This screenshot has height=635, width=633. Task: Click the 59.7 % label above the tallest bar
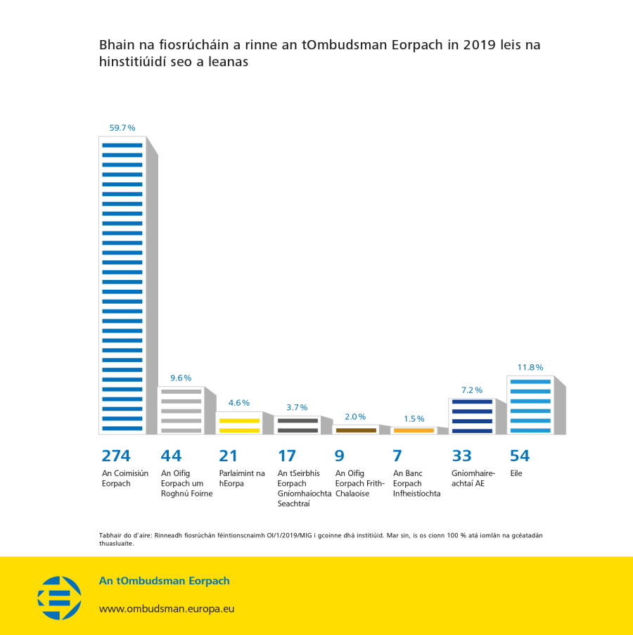(x=122, y=128)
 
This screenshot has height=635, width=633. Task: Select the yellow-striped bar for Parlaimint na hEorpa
(x=239, y=423)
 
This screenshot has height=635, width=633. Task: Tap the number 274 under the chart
(x=116, y=456)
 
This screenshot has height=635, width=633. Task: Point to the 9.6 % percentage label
(x=181, y=378)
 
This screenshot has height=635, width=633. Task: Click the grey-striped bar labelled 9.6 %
(x=181, y=410)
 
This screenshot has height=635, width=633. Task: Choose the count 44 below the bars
(x=172, y=456)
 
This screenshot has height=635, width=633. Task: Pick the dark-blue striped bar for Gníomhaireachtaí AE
(x=472, y=416)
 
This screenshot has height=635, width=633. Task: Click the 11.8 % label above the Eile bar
(x=530, y=367)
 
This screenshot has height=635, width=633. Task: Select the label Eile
(x=516, y=473)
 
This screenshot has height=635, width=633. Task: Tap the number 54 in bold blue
(x=520, y=456)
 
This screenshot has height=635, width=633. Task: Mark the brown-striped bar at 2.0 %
(x=356, y=429)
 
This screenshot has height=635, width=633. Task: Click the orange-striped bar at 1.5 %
(x=414, y=430)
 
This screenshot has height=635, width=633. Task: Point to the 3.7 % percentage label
(x=297, y=407)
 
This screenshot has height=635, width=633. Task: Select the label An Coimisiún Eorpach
(x=125, y=478)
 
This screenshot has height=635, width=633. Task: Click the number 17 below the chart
(x=287, y=456)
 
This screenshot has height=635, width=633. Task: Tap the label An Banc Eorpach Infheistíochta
(x=417, y=483)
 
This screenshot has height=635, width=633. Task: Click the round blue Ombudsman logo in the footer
(x=59, y=598)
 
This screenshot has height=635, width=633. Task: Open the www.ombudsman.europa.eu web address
(x=167, y=609)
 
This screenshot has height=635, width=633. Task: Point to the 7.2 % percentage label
(x=472, y=390)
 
